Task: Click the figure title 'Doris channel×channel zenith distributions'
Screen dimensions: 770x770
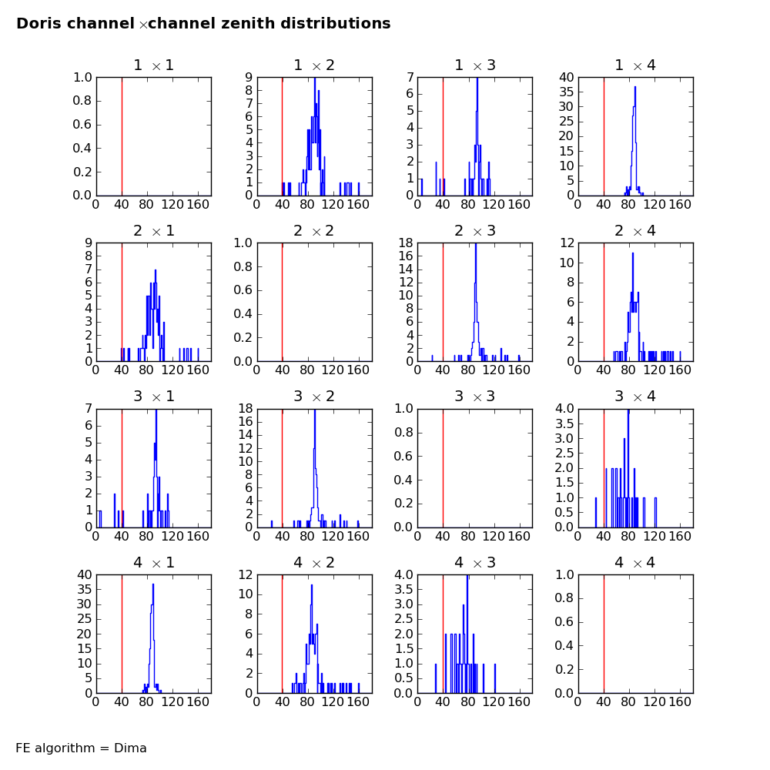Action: click(203, 24)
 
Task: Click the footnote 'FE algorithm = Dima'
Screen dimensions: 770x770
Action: click(81, 748)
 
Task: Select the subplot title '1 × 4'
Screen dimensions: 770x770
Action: click(635, 65)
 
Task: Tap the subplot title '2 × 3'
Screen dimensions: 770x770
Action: click(474, 231)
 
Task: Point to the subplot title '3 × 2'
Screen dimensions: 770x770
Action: click(314, 397)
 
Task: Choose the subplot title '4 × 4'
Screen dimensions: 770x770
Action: click(635, 563)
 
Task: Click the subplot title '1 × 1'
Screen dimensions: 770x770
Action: click(153, 65)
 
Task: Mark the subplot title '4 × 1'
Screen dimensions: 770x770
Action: click(153, 563)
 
